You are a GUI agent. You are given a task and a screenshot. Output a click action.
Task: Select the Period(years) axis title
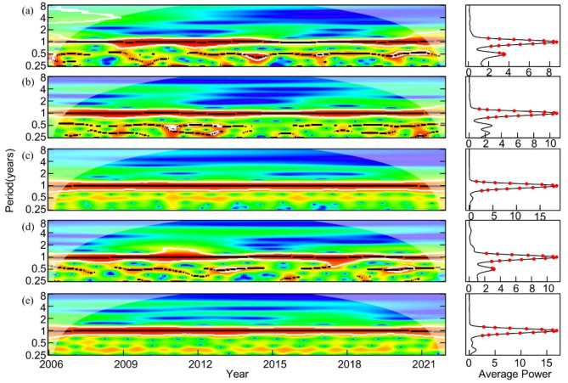tap(8, 183)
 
